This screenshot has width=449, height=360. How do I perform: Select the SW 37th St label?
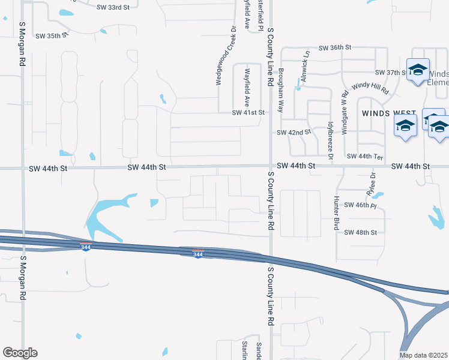click(x=387, y=73)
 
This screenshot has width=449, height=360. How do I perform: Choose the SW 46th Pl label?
click(x=360, y=205)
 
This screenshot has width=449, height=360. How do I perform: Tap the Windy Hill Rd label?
click(x=370, y=89)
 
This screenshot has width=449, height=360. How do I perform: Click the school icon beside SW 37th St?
click(x=417, y=70)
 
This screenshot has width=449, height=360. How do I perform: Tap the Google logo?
click(x=20, y=353)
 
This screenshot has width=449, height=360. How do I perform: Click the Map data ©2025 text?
click(x=424, y=355)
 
